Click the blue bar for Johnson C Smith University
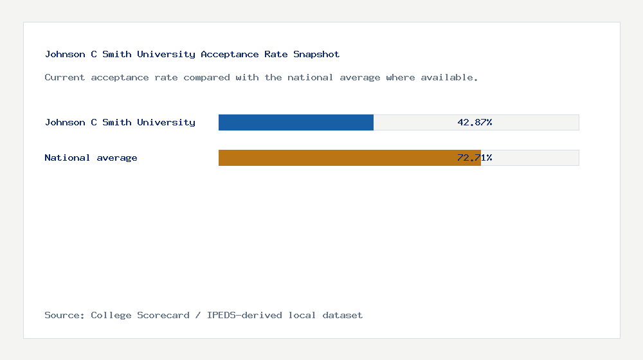click(296, 122)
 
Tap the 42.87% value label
click(475, 122)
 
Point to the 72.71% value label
click(475, 157)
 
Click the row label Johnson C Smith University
click(120, 122)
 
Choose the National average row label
click(91, 157)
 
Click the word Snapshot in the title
click(316, 55)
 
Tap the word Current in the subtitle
click(65, 78)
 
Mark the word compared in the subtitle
click(206, 78)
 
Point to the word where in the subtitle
click(401, 78)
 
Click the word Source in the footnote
click(62, 315)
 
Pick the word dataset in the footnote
click(343, 315)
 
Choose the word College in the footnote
click(111, 315)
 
